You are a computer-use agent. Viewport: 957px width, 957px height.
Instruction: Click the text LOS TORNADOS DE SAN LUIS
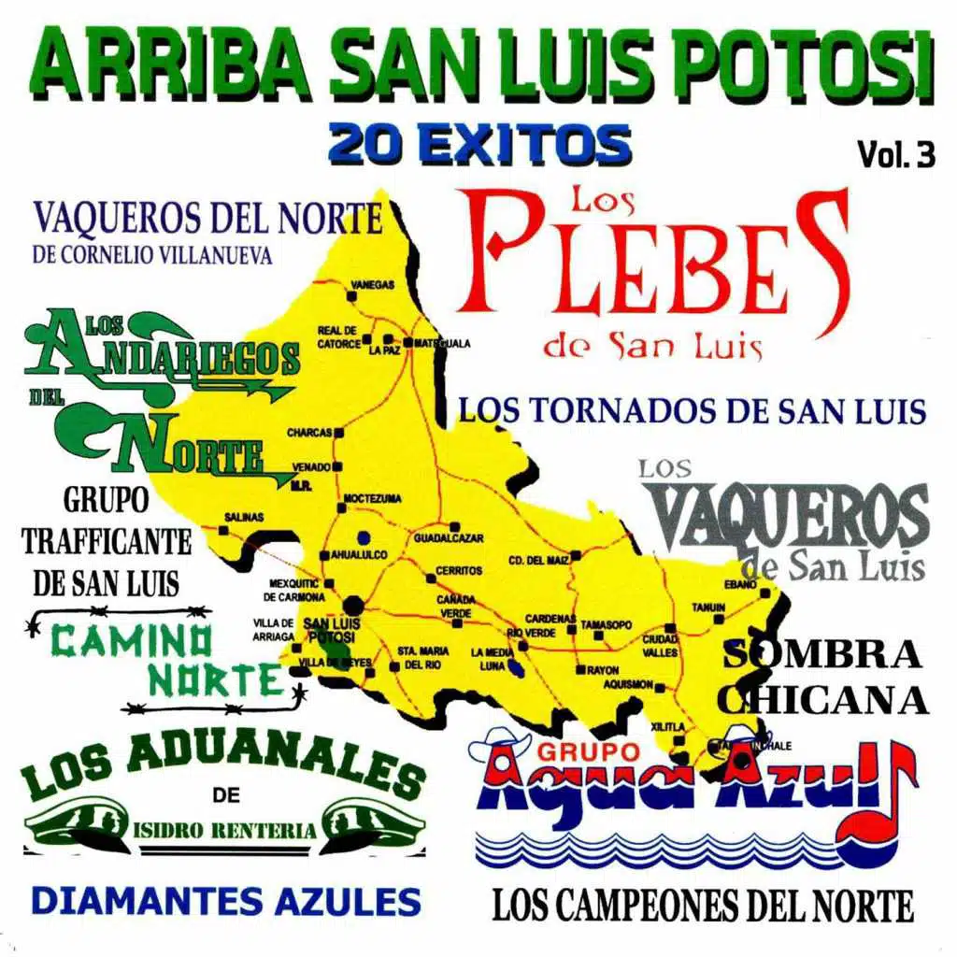[692, 410]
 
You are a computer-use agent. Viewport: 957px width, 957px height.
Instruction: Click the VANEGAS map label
[371, 283]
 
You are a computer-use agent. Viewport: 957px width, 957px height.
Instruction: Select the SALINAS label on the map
[244, 517]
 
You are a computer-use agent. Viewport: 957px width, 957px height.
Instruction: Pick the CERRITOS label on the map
[459, 570]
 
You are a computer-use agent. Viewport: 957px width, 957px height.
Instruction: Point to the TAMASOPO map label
[606, 622]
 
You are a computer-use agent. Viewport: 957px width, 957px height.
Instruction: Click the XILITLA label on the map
[669, 725]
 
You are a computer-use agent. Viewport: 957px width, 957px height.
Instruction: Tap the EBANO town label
[739, 583]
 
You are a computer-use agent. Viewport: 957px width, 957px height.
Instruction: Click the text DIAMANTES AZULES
[226, 901]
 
